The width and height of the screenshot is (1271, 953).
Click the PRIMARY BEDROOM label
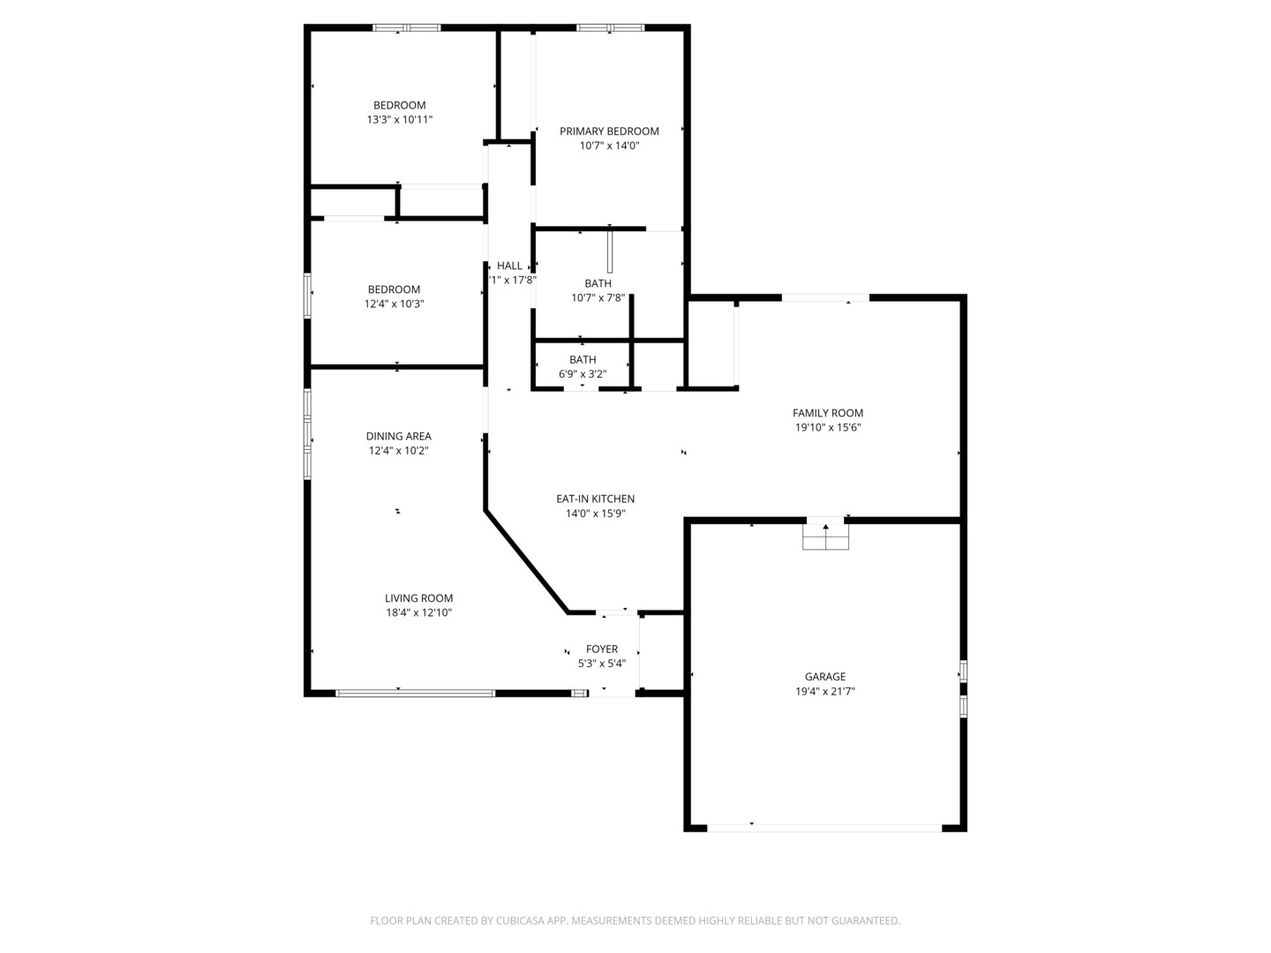point(609,131)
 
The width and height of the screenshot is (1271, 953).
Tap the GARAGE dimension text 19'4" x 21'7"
point(824,692)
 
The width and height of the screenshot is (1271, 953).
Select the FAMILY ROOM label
point(827,413)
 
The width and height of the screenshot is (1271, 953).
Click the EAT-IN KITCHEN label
point(595,499)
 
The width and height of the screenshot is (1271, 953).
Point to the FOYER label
point(601,649)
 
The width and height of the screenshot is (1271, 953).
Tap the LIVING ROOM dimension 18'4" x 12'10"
point(418,612)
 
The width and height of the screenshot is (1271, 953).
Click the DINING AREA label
point(398,436)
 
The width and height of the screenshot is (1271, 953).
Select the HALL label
point(509,266)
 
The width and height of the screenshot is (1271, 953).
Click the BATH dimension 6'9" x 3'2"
point(582,374)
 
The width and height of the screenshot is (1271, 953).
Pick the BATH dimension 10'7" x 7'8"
point(598,298)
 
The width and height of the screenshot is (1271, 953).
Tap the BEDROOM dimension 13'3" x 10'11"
point(399,119)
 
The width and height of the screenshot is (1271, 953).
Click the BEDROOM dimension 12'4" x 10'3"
point(394,304)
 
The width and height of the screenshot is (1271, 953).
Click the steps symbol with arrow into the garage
point(825,535)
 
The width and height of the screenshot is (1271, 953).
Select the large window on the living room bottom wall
point(416,694)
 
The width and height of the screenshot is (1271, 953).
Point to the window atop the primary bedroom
point(610,28)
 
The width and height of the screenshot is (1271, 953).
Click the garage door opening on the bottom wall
point(824,828)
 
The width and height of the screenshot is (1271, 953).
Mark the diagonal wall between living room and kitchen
point(526,562)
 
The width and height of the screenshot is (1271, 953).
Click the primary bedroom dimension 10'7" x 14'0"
point(609,146)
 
